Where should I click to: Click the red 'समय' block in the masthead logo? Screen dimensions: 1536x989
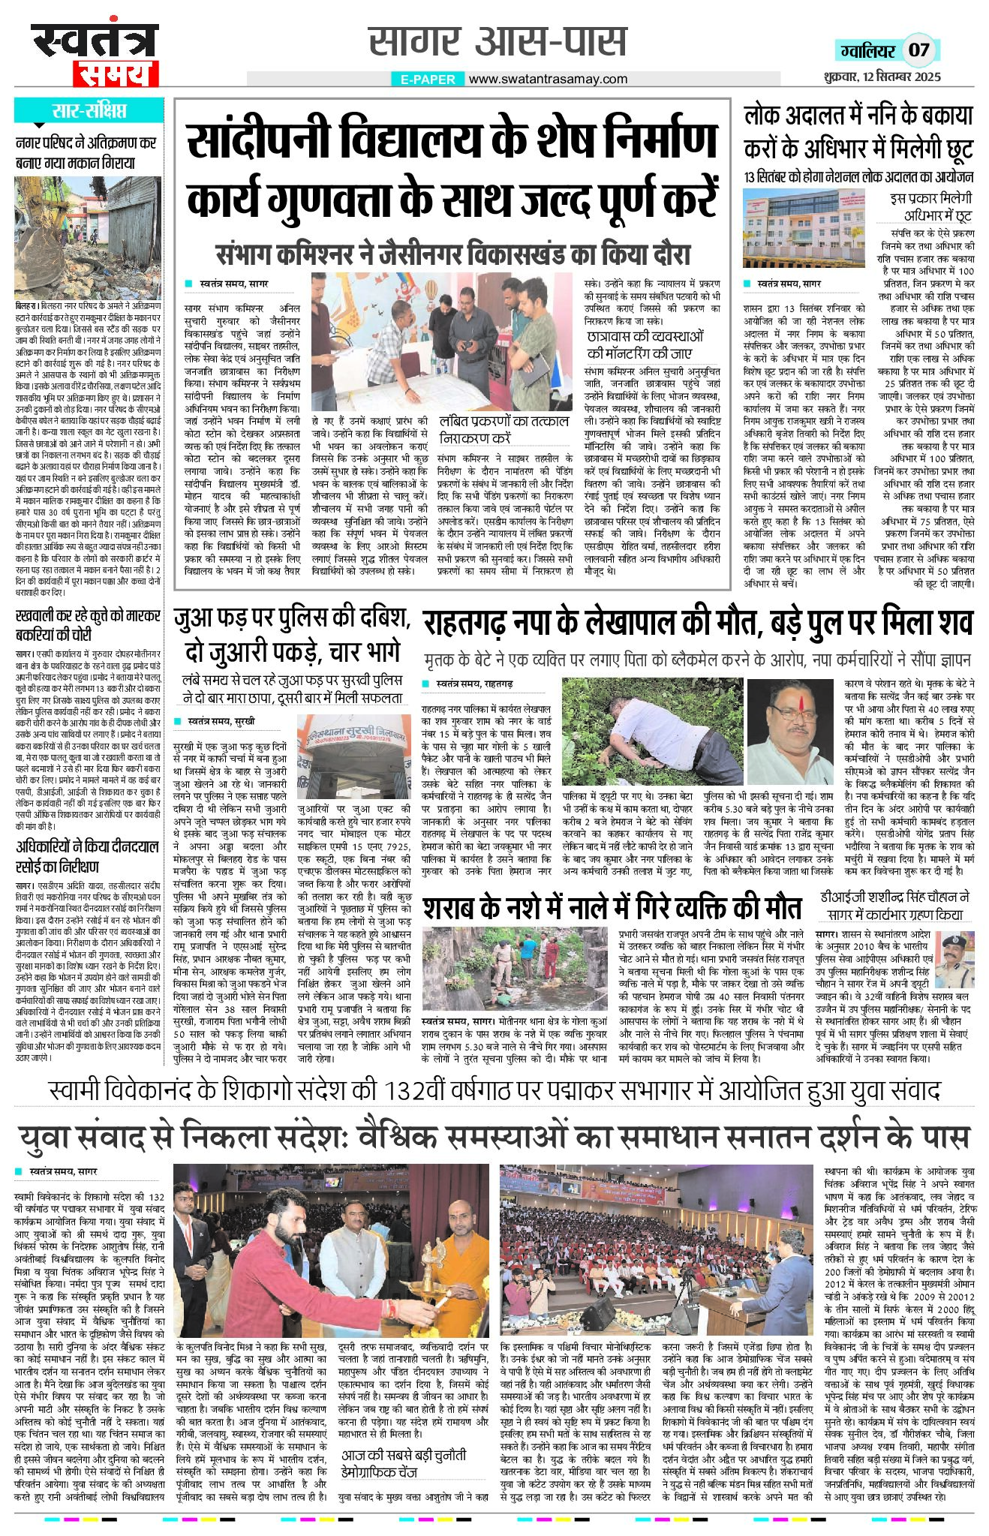coord(116,74)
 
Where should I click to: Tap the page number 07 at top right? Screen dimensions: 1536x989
coord(919,50)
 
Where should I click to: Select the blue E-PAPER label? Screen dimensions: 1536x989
coord(428,80)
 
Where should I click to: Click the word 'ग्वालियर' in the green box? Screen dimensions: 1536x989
coord(867,51)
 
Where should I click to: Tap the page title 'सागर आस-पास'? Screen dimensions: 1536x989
coord(498,42)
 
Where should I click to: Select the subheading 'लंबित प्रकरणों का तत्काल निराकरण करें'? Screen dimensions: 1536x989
coord(504,428)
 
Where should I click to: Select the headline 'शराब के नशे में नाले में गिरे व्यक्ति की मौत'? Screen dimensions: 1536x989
coord(612,908)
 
